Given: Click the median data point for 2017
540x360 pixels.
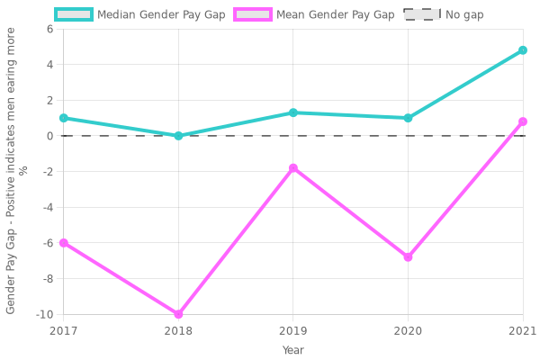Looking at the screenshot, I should click(x=63, y=118).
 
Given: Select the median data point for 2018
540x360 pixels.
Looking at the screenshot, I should click(x=178, y=136).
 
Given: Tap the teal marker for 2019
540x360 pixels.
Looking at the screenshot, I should click(x=293, y=112).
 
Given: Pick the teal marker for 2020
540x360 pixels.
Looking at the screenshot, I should click(x=408, y=118).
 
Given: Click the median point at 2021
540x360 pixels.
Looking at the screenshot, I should click(x=523, y=50).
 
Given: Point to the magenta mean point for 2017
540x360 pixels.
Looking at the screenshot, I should click(x=63, y=243).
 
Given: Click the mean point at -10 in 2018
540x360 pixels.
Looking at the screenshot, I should click(x=178, y=314).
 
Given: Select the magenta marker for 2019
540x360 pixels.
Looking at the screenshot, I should click(x=293, y=168).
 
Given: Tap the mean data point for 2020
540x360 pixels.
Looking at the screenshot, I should click(x=408, y=257).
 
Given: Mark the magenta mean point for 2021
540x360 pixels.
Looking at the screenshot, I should click(x=523, y=121).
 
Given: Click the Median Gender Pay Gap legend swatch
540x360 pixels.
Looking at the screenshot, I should click(x=74, y=14).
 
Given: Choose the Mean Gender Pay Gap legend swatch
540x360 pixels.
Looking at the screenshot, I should click(x=253, y=14).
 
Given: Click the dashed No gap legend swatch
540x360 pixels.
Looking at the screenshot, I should click(x=422, y=14).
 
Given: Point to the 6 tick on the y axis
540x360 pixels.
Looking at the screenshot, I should click(x=49, y=29).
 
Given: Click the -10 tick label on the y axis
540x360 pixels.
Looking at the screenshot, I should click(x=44, y=314).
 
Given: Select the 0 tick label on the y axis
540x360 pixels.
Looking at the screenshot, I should click(x=49, y=136).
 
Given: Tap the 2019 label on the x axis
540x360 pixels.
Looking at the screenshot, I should click(x=293, y=330).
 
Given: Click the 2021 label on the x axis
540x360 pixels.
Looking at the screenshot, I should click(x=521, y=330).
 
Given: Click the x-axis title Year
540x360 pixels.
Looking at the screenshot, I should click(x=293, y=350).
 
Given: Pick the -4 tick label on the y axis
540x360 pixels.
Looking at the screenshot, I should click(x=47, y=207).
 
